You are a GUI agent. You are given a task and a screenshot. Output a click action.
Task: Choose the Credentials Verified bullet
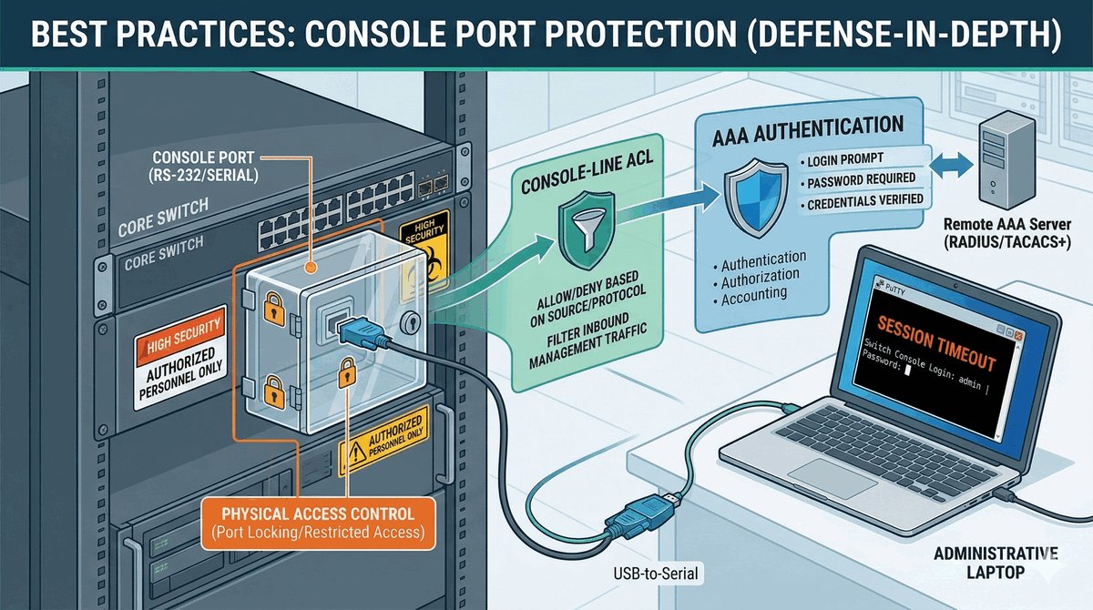pos(864,200)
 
